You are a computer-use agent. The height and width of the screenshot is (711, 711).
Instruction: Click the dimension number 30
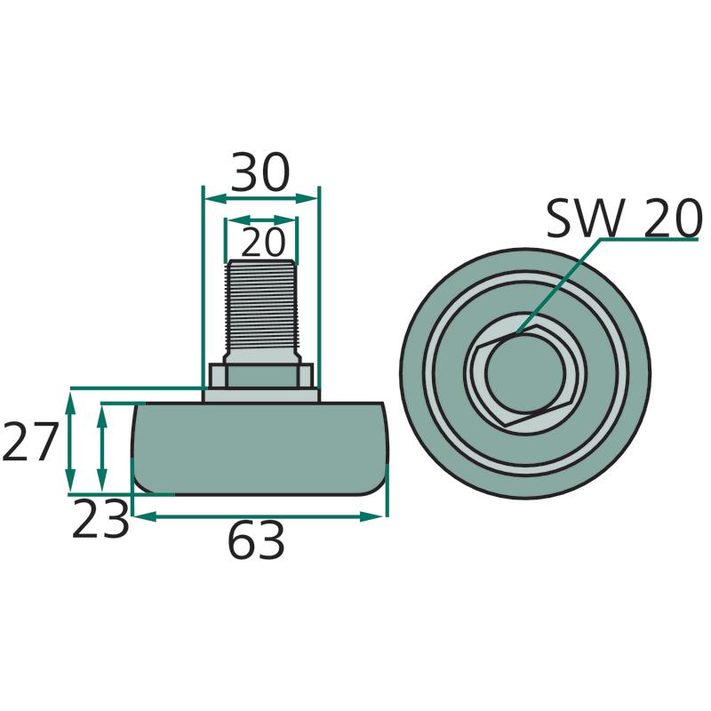260,173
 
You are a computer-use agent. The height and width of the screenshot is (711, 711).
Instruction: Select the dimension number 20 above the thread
261,242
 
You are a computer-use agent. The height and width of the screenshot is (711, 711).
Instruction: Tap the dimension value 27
30,442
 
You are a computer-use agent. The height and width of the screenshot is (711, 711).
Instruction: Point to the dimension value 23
100,522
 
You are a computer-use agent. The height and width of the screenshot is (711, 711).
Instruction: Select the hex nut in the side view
260,375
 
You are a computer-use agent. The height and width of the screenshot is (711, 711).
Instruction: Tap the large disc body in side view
260,448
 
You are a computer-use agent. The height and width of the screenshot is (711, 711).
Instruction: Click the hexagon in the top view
478,382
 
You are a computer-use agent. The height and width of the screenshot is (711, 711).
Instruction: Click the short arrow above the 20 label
260,220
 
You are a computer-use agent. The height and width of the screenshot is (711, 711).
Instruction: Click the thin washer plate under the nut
260,395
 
